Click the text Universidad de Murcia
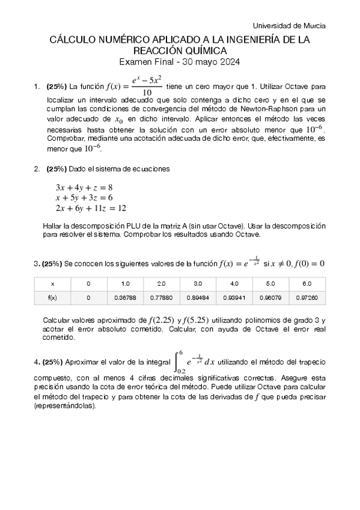point(289,26)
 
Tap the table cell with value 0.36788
point(125,297)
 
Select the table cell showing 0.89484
point(198,297)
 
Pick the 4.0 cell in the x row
point(234,283)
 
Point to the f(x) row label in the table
point(52,297)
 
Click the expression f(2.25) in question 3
point(160,319)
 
